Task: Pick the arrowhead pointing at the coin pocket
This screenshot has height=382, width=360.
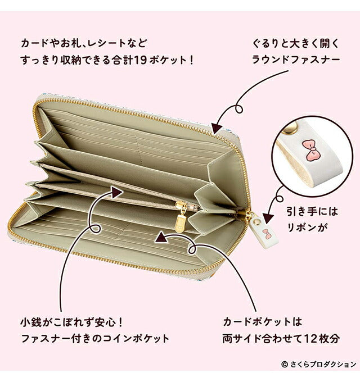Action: point(117,192)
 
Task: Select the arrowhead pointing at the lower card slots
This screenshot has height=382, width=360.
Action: point(161,237)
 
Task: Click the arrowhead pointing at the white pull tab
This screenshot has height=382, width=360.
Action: point(269,219)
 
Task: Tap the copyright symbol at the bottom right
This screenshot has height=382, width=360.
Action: point(284,365)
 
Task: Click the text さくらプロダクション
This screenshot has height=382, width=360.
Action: point(323,365)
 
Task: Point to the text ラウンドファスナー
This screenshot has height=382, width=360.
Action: point(296,60)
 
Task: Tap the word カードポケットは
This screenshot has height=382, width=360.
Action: point(263,322)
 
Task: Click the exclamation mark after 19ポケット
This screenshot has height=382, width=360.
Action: point(191,60)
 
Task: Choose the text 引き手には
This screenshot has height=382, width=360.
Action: point(312,211)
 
